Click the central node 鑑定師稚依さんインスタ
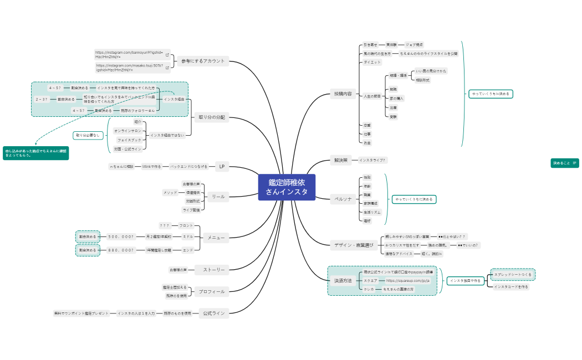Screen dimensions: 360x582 click(x=287, y=187)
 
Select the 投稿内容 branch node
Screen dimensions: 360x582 click(x=343, y=94)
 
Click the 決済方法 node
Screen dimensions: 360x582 click(x=343, y=281)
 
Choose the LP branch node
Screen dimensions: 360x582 click(x=222, y=166)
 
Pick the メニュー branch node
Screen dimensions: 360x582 click(x=216, y=238)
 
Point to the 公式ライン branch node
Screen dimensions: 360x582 click(x=214, y=313)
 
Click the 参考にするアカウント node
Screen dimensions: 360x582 click(x=203, y=61)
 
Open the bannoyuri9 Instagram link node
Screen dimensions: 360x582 click(x=129, y=54)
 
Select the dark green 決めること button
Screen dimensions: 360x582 click(x=564, y=163)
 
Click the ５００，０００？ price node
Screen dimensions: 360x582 click(x=121, y=236)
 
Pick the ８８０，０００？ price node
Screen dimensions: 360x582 click(x=121, y=250)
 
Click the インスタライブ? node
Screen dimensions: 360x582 click(x=372, y=160)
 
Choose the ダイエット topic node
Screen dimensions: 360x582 click(x=372, y=62)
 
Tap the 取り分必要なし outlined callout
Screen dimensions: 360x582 click(x=89, y=135)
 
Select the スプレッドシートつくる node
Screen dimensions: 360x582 click(x=513, y=275)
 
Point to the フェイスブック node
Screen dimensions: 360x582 click(x=129, y=140)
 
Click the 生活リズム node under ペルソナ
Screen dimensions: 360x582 click(x=371, y=212)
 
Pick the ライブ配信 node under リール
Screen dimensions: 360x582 click(x=191, y=210)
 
